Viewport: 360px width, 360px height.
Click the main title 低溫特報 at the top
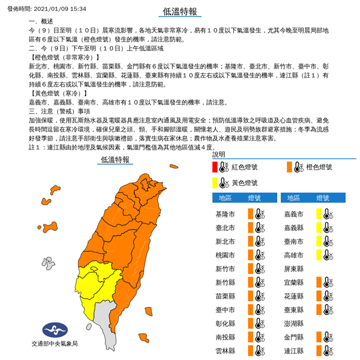(179, 12)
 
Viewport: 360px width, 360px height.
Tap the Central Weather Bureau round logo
(53, 330)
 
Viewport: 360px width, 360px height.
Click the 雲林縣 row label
(226, 350)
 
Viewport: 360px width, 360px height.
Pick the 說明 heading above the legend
(218, 155)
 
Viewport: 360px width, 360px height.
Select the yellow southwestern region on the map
(96, 285)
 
